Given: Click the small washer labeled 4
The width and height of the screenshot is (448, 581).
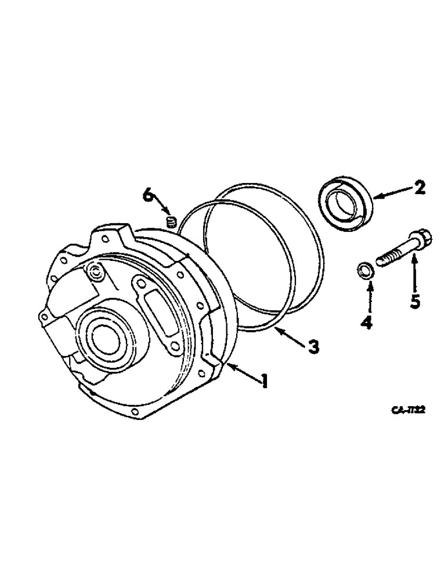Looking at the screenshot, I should (x=364, y=270).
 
